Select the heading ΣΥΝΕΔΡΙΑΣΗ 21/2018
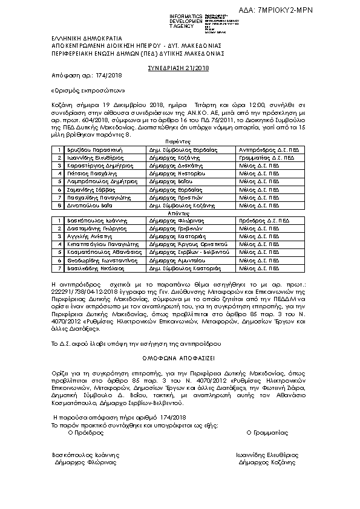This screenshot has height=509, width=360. pos(180,69)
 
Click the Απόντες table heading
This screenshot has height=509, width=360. pos(180,213)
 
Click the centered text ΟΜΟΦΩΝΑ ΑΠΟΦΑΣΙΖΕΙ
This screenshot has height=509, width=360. pos(180,357)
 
